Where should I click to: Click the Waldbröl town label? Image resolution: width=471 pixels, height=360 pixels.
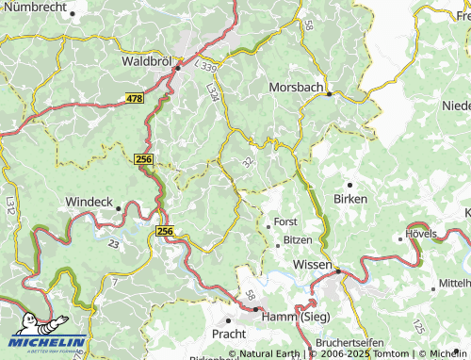pos(146,60)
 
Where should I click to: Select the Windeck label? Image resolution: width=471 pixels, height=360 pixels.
pos(89,202)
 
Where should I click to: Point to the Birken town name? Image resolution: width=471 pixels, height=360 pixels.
pos(350,199)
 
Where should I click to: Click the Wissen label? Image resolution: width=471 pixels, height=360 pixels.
pos(313,265)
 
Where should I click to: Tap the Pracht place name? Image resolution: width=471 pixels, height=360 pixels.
pos(229,333)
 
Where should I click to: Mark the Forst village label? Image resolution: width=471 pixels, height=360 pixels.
pos(284,222)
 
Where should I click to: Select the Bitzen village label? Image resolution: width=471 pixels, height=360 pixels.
pos(298,240)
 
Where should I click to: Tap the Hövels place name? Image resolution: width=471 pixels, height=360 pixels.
pos(423,232)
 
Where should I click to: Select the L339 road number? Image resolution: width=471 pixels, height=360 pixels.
pos(205,68)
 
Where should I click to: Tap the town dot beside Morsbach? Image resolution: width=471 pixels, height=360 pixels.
pos(330,93)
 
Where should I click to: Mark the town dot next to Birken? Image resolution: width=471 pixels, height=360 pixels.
pos(349,185)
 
